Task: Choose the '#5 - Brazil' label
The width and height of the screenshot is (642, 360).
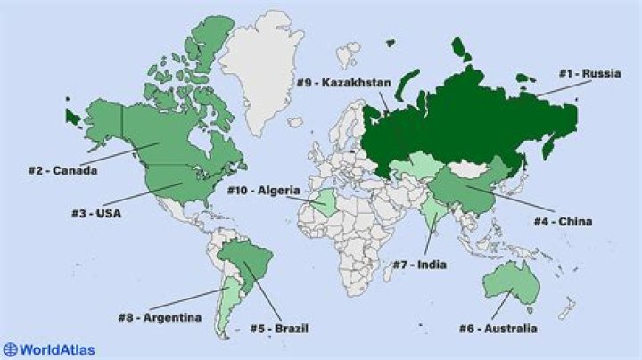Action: [x=279, y=329]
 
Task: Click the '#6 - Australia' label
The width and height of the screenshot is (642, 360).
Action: [x=498, y=329]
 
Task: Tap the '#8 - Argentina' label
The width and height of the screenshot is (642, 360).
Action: [x=160, y=317]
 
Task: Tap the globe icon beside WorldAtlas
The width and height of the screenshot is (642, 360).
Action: [x=10, y=349]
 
